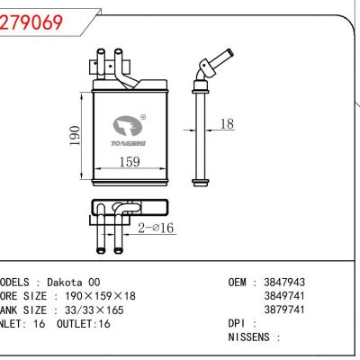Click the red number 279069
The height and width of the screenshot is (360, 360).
[x=31, y=23]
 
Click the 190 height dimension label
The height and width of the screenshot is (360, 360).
[x=77, y=134]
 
